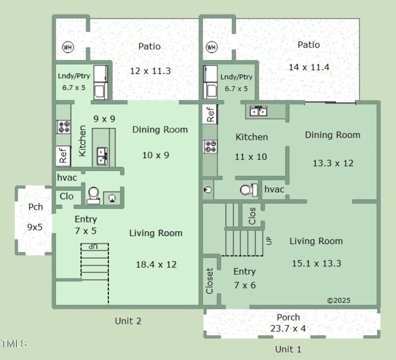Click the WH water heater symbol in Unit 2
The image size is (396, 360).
[x=68, y=47]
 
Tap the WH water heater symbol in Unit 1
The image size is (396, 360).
[x=212, y=47]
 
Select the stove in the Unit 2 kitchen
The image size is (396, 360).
[x=63, y=127]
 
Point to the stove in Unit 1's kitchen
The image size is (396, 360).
[x=210, y=146]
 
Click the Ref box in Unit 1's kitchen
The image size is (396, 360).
[x=210, y=114]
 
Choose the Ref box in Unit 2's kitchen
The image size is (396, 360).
[x=63, y=156]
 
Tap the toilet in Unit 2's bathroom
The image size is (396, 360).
[x=93, y=195]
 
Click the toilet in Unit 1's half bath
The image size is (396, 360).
[x=249, y=190]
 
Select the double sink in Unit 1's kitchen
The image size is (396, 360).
[x=258, y=111]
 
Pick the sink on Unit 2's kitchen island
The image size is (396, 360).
[x=102, y=157]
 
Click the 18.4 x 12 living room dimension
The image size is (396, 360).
[x=156, y=265]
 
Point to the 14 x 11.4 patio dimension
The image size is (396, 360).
[x=309, y=67]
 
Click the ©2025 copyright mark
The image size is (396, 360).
[x=339, y=301]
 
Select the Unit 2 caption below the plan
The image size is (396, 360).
[x=128, y=321]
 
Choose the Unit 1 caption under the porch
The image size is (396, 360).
[x=288, y=350]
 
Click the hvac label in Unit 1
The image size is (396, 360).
[x=274, y=189]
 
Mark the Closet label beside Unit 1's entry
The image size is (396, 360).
[x=209, y=281]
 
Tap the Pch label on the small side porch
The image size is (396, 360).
[x=36, y=207]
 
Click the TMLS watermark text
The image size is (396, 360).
[x=14, y=344]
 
